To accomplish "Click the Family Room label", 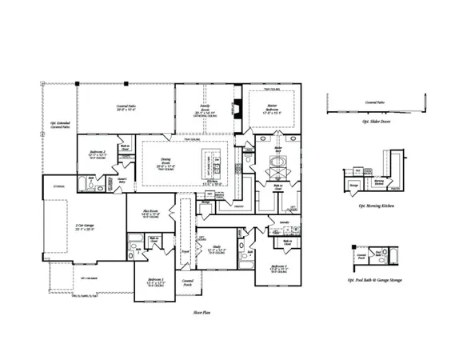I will point(206,110).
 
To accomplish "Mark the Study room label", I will point(218,249).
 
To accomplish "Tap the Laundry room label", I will point(284,222).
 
